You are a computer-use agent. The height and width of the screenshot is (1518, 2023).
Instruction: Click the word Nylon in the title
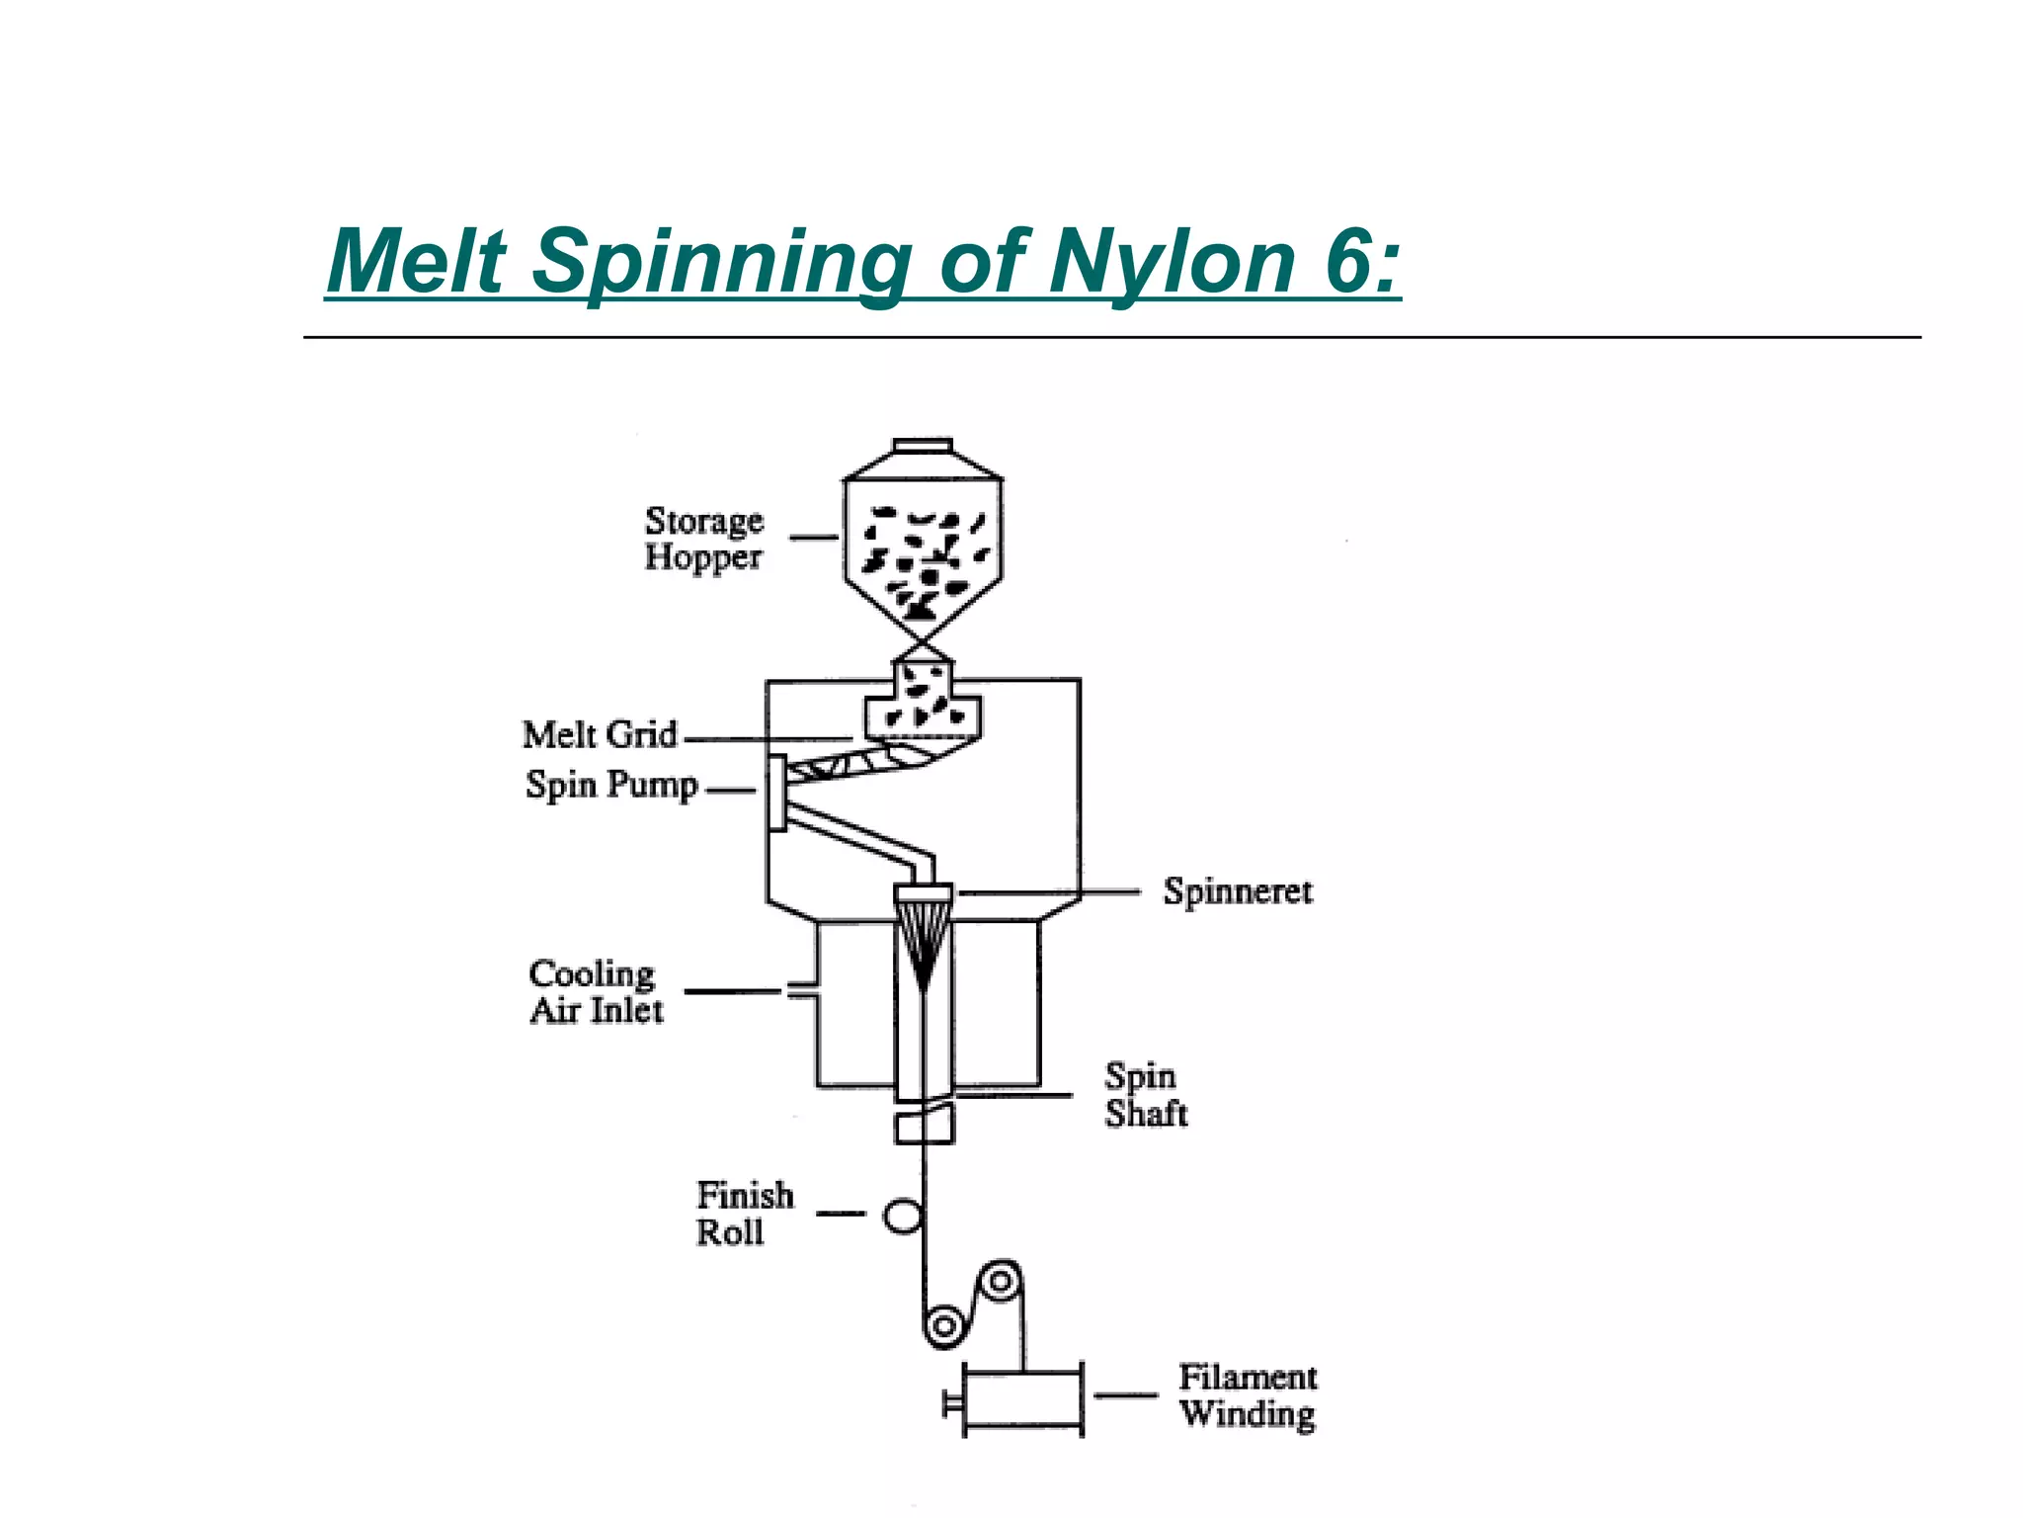1171,262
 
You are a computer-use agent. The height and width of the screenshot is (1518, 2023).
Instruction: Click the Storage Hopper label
703,539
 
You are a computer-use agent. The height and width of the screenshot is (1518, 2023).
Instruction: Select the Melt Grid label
600,735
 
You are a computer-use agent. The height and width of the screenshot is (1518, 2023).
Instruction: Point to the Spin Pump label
611,786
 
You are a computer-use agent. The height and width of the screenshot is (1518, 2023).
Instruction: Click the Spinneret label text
1237,891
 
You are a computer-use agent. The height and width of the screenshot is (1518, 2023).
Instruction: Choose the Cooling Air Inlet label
595,991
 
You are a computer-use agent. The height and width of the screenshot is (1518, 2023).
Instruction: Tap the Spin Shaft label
1144,1095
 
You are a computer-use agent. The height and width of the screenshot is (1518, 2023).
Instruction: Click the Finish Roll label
743,1214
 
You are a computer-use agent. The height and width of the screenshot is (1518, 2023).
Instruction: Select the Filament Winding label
1248,1395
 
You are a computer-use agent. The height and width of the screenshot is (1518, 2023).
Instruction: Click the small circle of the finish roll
902,1215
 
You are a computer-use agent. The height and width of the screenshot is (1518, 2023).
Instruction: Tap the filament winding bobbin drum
1022,1397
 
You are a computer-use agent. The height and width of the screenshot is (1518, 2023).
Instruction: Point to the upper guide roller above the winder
1001,1282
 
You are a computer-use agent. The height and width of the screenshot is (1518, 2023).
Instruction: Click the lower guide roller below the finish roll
944,1325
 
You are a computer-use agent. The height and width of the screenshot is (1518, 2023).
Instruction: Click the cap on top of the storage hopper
922,446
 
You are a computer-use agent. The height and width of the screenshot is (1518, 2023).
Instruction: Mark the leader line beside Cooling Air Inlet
733,990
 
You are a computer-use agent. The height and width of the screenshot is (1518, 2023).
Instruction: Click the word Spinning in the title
721,262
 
